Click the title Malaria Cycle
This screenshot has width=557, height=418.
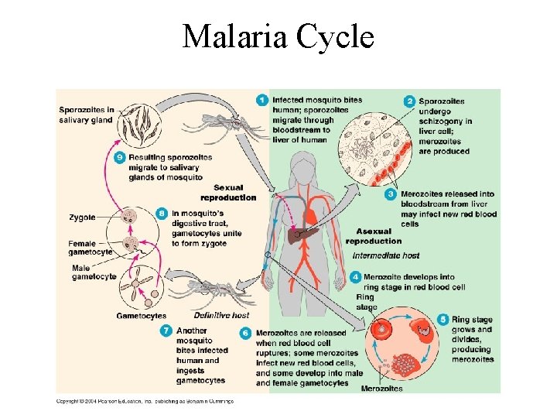click(278, 36)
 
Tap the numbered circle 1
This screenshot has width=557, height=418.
click(263, 100)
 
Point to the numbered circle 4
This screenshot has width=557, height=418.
click(355, 276)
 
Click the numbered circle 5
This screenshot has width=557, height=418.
click(443, 319)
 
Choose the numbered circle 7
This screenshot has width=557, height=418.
click(166, 331)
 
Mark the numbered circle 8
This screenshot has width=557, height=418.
click(161, 213)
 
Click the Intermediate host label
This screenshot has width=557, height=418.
click(385, 255)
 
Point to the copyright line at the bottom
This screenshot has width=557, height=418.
click(145, 401)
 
